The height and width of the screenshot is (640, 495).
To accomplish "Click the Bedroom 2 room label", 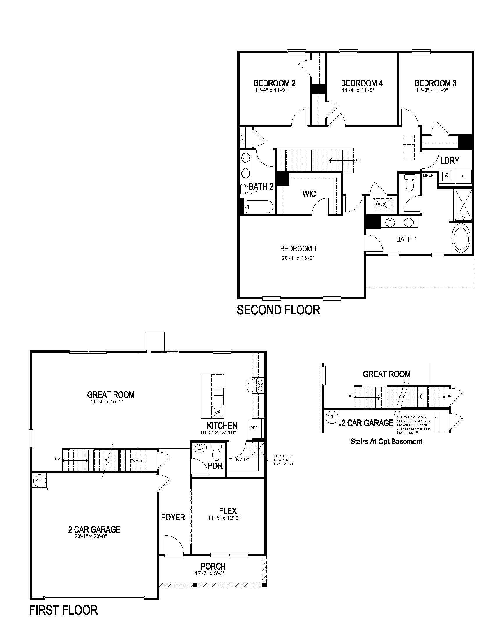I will pos(275,83).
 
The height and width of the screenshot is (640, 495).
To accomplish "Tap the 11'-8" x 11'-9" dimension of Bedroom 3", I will pos(432,90).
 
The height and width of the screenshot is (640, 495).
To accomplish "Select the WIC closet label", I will pos(309,194).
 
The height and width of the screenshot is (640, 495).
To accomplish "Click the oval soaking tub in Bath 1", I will pos(461,238).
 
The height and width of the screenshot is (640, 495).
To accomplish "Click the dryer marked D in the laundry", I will pos(463,176).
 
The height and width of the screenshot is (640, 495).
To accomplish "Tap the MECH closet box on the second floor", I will pos(381,204).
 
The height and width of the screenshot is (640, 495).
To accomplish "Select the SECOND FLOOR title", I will pos(278,310).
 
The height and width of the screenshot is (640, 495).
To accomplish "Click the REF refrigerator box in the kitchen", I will pos(254,428).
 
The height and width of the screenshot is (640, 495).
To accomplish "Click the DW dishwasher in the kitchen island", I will pos(218,411).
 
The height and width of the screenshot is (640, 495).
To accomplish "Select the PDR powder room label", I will pos(215,465).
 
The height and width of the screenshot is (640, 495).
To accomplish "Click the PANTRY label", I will pos(243,459).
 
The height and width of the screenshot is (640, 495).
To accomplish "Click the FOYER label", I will pos(173,518).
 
